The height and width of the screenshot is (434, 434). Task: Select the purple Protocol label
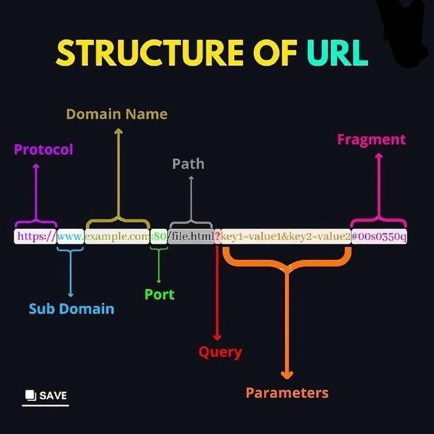coord(43,150)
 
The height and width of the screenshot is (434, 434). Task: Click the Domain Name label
coord(117,114)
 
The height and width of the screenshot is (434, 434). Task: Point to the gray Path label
coord(188,164)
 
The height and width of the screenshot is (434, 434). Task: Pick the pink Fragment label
coord(371,140)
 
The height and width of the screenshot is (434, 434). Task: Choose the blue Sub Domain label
coord(72,309)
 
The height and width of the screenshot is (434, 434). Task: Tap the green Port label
coord(159,295)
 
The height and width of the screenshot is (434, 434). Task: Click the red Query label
coord(220,352)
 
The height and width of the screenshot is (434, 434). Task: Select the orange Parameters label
coord(287,393)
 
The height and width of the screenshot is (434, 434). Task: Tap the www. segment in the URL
coord(71,237)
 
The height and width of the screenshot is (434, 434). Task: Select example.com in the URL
coord(117,237)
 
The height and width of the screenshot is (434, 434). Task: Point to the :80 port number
coord(158,237)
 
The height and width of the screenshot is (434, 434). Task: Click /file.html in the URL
coord(191,237)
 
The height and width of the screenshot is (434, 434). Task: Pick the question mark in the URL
coord(218,237)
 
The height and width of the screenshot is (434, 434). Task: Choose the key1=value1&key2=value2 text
coord(286,237)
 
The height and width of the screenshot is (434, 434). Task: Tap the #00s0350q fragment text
coord(379,237)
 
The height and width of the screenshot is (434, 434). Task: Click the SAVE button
coord(46,395)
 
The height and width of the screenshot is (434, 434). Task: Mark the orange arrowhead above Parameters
coord(287,374)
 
